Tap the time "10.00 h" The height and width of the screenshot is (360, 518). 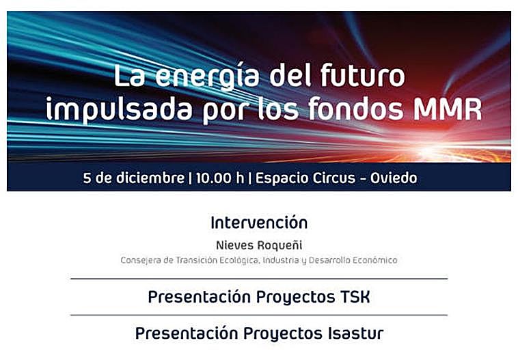[x=219, y=179]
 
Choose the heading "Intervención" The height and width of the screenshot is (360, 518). [x=259, y=223]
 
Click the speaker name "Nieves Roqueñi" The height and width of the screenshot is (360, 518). [x=259, y=245]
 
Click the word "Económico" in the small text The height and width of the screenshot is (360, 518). [x=373, y=260]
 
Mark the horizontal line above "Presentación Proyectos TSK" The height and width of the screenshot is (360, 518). [x=259, y=279]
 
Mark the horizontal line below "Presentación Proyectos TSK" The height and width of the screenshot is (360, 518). [x=259, y=315]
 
